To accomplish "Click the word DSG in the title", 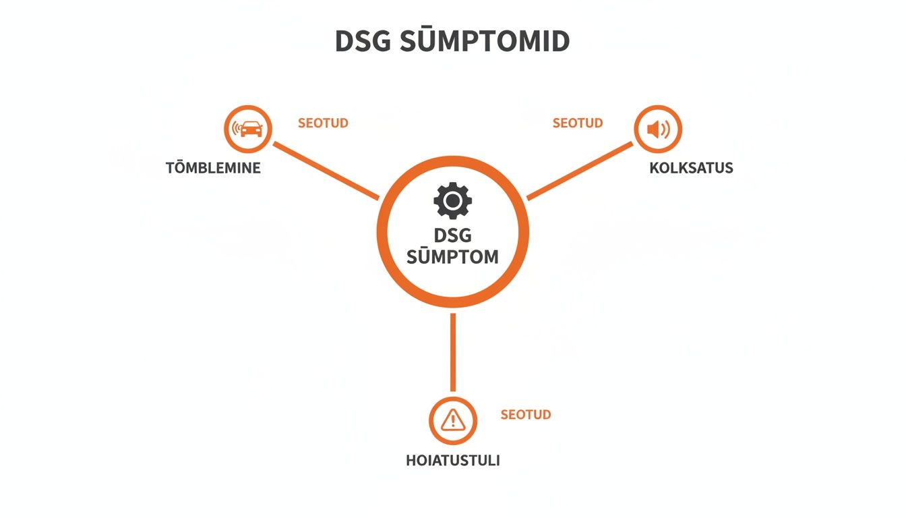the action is coord(363,41).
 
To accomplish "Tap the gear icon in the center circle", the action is coord(452,200).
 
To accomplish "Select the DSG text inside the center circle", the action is coord(452,235).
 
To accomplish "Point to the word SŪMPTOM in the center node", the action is coord(452,256).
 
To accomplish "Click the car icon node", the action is coord(248,129).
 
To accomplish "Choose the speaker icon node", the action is coord(658,129).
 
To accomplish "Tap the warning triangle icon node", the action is coord(453,421).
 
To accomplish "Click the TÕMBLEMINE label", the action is coord(213,167).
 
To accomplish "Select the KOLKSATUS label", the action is coord(691,167).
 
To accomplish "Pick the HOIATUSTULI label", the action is coord(453,461).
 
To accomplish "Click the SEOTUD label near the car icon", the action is coord(323,123).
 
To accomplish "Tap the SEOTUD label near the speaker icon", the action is coord(578,123).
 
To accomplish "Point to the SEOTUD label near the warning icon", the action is coord(526,414).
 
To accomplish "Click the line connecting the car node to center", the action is coord(326,171).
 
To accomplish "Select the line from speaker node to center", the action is coord(580,171).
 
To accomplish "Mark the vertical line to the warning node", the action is coord(453,352).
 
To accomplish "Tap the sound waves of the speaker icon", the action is coord(665,129).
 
